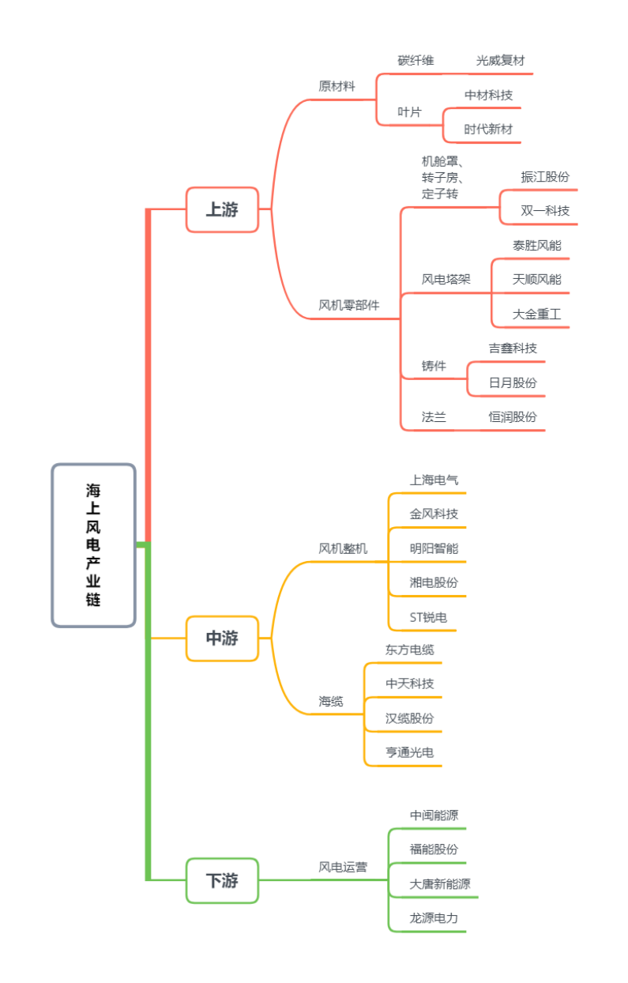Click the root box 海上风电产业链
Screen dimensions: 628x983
click(93, 544)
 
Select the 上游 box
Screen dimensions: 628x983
click(222, 209)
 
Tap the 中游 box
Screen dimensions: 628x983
click(222, 638)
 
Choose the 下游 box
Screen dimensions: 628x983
click(222, 880)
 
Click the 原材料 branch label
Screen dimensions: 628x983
click(337, 86)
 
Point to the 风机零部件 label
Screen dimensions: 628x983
click(349, 305)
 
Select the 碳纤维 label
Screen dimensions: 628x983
click(416, 60)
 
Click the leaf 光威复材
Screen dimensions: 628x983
click(500, 60)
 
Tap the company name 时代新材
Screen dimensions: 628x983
click(488, 129)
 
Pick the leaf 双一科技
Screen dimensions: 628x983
click(545, 211)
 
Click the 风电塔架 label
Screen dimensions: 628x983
click(446, 279)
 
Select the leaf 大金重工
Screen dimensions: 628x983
click(537, 314)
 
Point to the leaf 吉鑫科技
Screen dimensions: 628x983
click(513, 348)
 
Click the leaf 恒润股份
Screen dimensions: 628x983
click(513, 417)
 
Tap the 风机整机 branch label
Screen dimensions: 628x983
click(343, 548)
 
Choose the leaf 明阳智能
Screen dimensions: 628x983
click(434, 548)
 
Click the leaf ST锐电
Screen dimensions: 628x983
click(428, 617)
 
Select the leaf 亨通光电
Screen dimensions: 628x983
click(410, 752)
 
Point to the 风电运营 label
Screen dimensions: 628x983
click(343, 867)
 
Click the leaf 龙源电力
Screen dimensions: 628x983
click(434, 918)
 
